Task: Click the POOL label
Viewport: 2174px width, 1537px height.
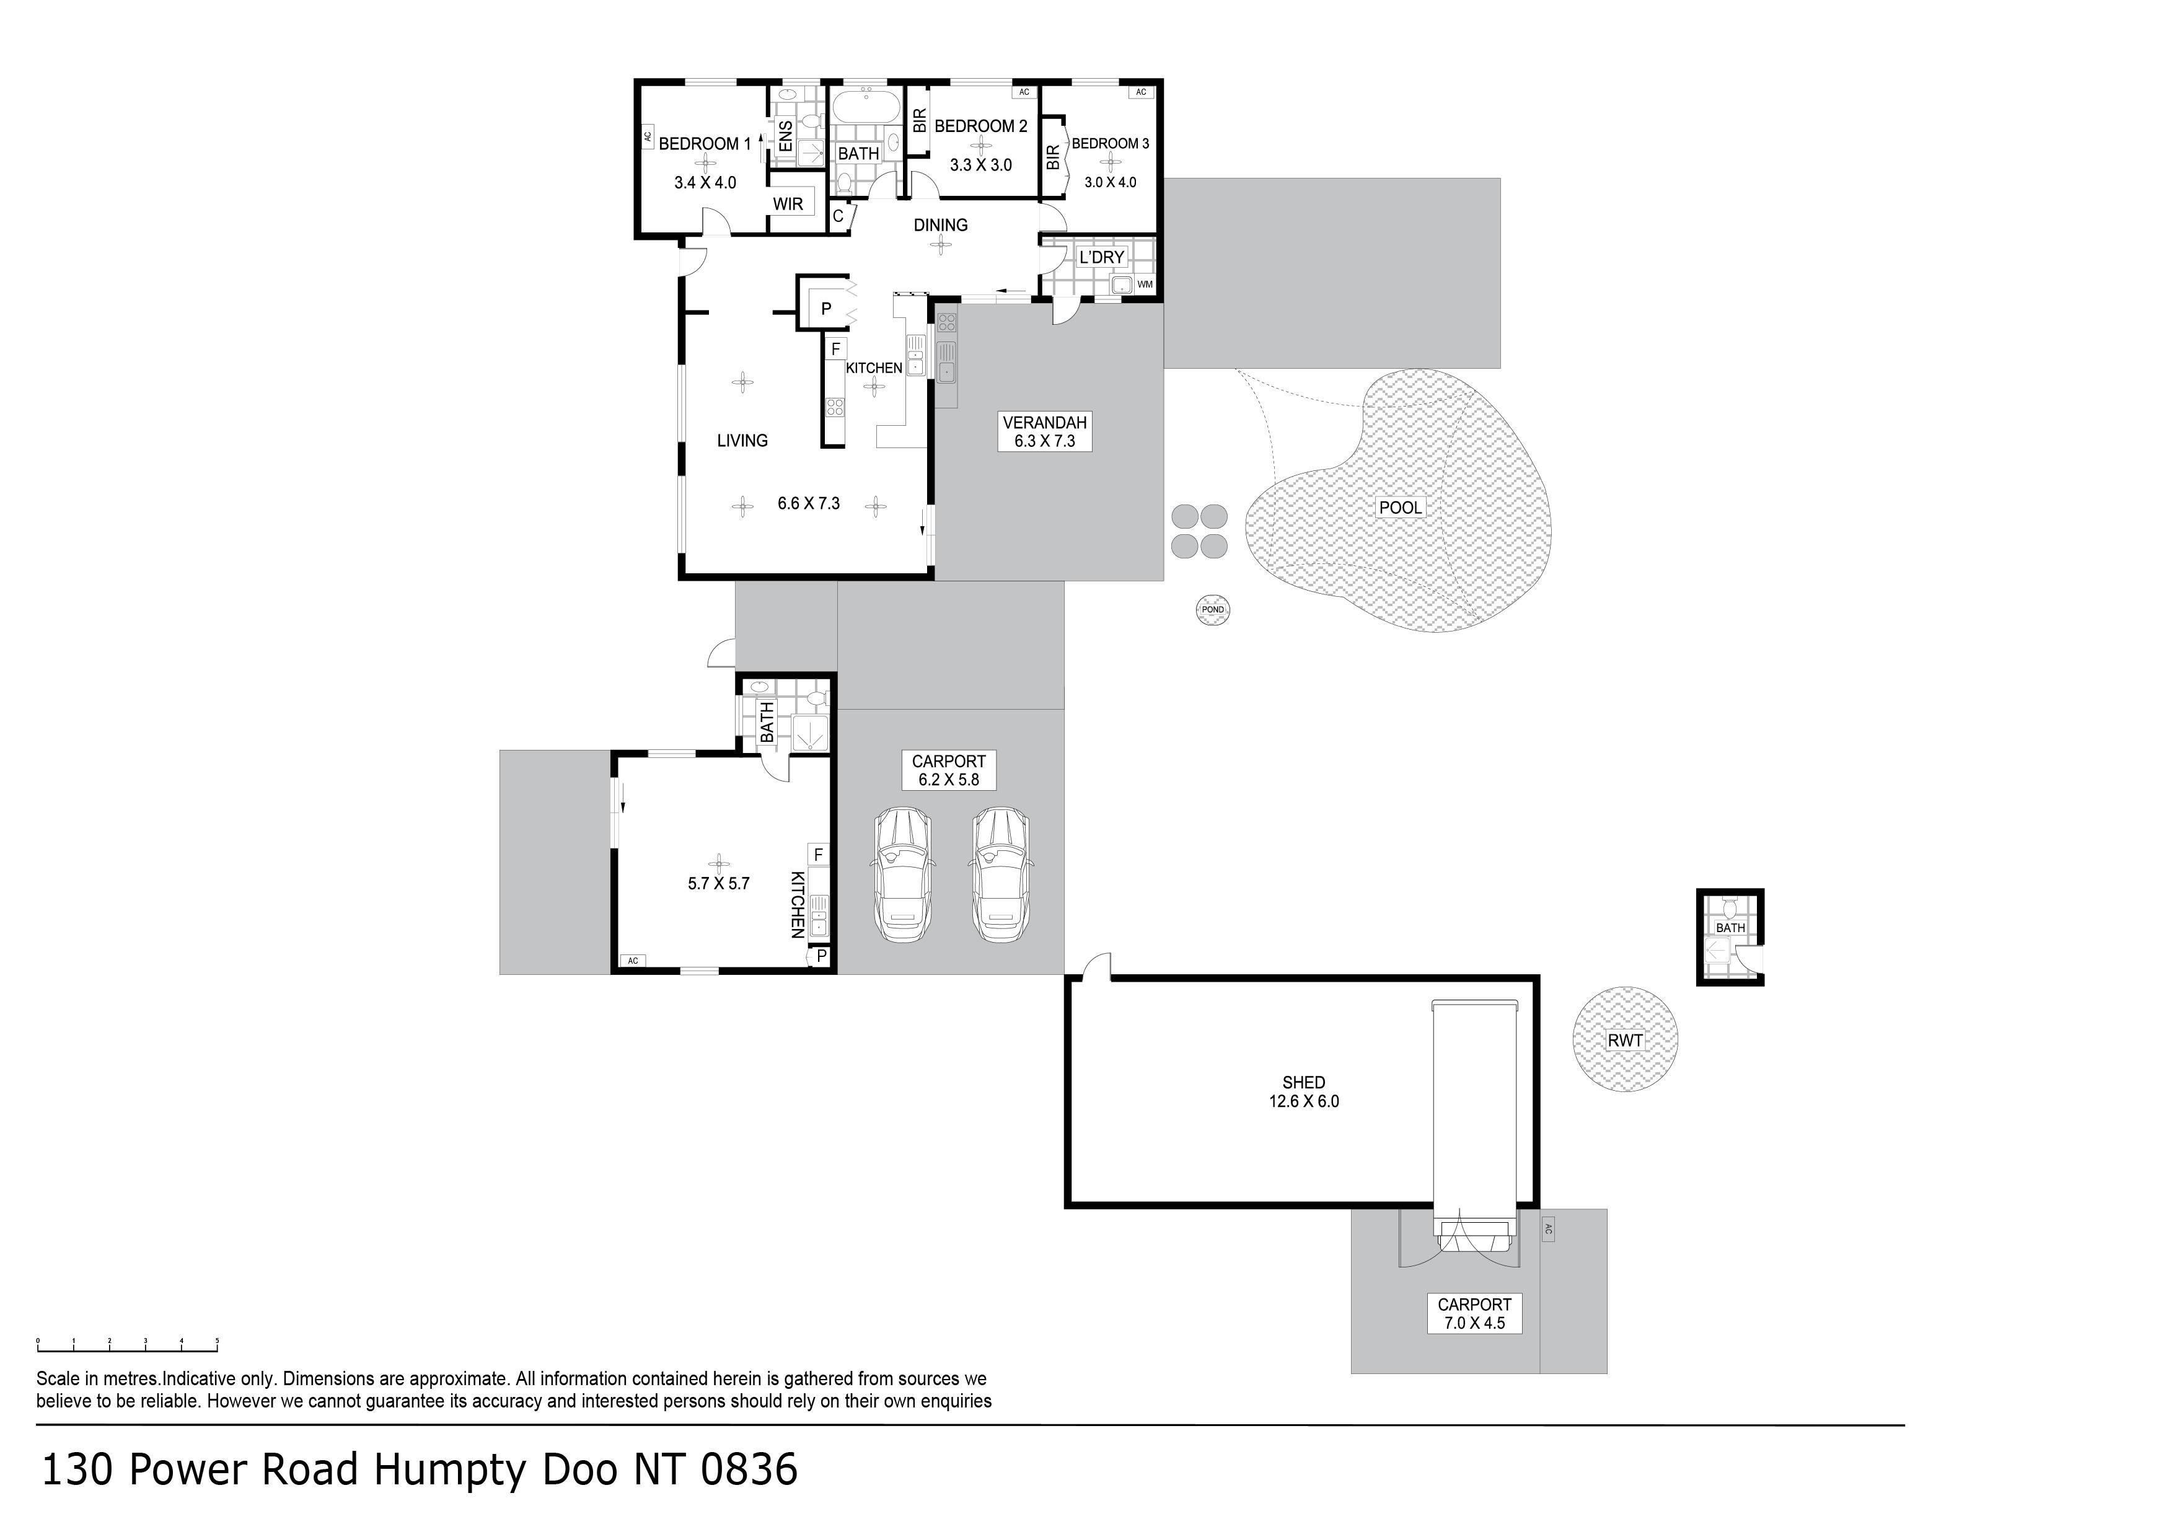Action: point(1399,508)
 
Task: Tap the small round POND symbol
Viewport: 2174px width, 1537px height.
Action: point(1213,610)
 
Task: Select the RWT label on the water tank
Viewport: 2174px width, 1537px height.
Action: point(1625,1041)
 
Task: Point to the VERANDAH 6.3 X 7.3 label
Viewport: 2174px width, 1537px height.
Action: point(1044,432)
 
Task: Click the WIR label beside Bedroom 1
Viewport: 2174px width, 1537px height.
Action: point(788,204)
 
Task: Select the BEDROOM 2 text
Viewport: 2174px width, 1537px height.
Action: point(981,126)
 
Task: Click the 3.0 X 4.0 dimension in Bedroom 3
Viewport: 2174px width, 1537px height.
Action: point(1110,182)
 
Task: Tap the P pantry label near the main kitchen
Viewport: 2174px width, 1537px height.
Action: point(825,309)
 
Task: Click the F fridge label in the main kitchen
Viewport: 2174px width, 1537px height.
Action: point(836,350)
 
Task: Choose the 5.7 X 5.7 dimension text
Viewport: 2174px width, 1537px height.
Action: point(719,884)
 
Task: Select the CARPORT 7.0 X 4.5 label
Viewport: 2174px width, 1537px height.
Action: point(1474,1313)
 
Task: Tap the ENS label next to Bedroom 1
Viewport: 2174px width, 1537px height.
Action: point(786,136)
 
